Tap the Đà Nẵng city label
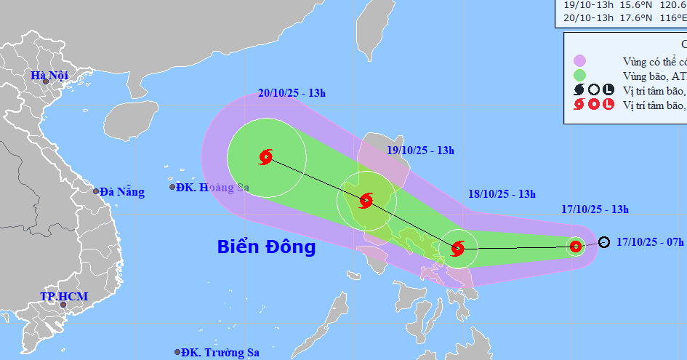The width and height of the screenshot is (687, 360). (x=121, y=192)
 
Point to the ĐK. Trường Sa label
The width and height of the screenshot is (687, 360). (x=220, y=353)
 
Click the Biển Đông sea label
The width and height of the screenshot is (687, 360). (x=266, y=247)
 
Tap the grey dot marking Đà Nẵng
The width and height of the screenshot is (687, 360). (x=96, y=191)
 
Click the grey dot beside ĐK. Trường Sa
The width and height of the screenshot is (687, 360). (x=177, y=352)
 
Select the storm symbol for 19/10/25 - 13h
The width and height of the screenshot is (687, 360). (x=366, y=200)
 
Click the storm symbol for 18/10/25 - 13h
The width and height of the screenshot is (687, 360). (x=457, y=249)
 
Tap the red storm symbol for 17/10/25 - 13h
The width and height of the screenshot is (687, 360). (x=576, y=247)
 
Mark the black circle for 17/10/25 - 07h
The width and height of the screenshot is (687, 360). (x=604, y=242)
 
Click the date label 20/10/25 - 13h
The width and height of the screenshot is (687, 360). (x=291, y=113)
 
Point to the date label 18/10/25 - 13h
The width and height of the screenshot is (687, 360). (x=502, y=193)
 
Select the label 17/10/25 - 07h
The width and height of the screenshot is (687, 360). (x=650, y=241)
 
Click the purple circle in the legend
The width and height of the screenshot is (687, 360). (x=579, y=60)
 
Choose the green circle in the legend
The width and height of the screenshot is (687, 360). (x=579, y=75)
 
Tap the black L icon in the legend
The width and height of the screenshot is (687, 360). (x=608, y=90)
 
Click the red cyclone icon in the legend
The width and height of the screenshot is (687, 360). (x=579, y=105)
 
